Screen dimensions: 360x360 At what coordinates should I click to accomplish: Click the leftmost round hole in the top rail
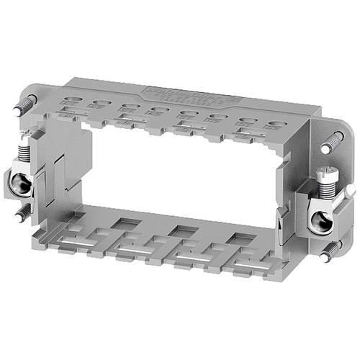pyautogui.click(x=71, y=102)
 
